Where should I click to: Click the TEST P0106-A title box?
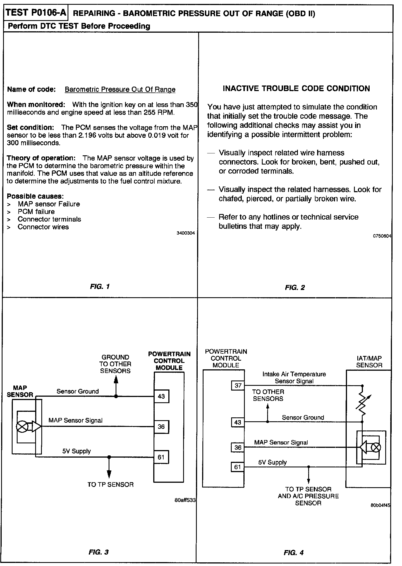36,13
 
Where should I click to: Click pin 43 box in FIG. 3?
161,396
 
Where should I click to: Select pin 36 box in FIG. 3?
161,427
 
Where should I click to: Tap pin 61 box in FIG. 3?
161,457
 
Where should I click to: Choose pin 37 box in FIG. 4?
238,386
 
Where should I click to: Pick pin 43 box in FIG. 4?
238,422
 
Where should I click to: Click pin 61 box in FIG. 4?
238,467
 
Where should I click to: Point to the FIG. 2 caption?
295,287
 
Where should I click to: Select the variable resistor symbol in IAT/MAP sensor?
362,403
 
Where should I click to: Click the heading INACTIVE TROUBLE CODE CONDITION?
296,89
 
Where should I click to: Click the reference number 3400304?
186,233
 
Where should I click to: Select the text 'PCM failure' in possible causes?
36,211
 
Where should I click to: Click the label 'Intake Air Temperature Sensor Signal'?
294,377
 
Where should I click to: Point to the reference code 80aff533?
185,500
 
